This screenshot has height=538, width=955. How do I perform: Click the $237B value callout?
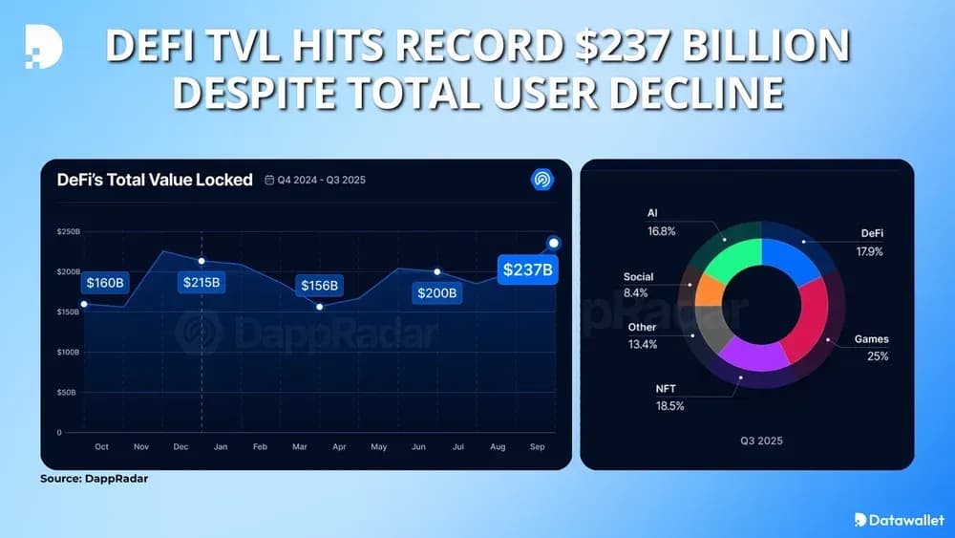pos(527,269)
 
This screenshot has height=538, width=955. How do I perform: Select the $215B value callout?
pos(200,283)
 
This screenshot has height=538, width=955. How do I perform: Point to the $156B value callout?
pos(319,286)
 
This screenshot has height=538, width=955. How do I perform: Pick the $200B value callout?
pos(436,292)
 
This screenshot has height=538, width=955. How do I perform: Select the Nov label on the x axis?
pos(141,446)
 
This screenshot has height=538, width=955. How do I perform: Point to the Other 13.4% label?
pos(642,335)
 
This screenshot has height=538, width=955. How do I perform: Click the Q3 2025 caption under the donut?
pos(760,441)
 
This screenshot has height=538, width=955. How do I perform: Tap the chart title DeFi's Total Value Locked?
pos(155,180)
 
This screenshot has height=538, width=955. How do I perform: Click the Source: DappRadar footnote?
pos(94,479)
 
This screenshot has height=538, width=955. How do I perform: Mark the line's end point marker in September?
pos(553,243)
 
